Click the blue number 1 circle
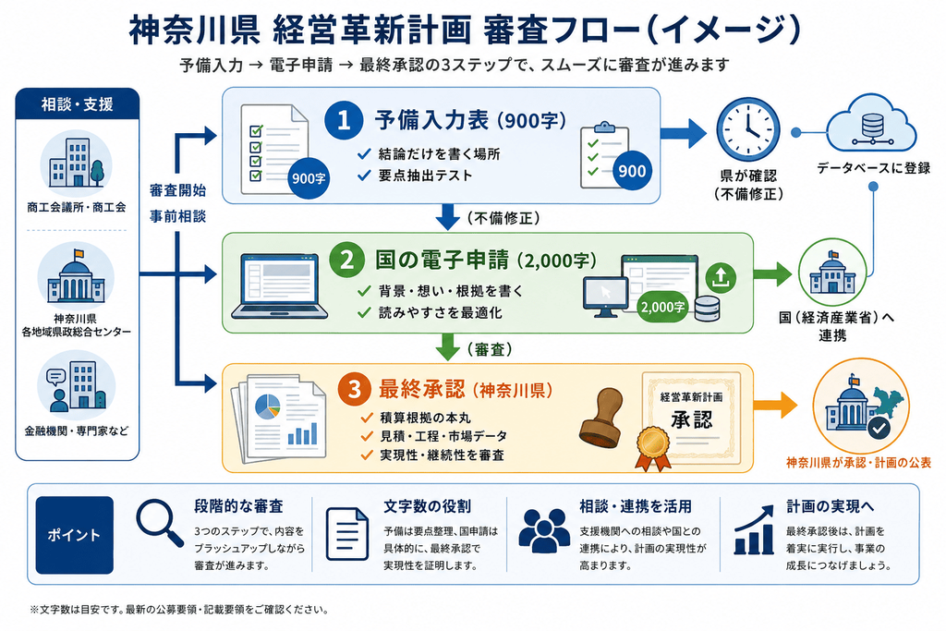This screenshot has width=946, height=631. (x=344, y=119)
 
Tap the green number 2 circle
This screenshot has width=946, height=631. (x=347, y=260)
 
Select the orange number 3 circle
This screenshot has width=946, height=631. (x=354, y=389)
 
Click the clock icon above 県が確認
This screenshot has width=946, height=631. (x=747, y=130)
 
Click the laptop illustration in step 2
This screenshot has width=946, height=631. (x=279, y=286)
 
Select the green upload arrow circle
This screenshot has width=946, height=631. (x=721, y=277)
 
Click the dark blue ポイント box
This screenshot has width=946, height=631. (x=75, y=535)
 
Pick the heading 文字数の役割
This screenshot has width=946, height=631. (x=427, y=506)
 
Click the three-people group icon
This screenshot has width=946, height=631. (x=544, y=530)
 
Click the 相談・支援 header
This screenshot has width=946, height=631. (x=78, y=104)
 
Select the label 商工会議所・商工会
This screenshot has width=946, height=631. (x=77, y=208)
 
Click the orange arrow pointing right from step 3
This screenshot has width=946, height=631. (x=776, y=405)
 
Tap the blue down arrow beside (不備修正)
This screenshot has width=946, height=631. (x=447, y=217)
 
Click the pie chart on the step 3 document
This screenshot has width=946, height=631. (x=268, y=406)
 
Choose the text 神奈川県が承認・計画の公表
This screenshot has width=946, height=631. (x=858, y=463)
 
